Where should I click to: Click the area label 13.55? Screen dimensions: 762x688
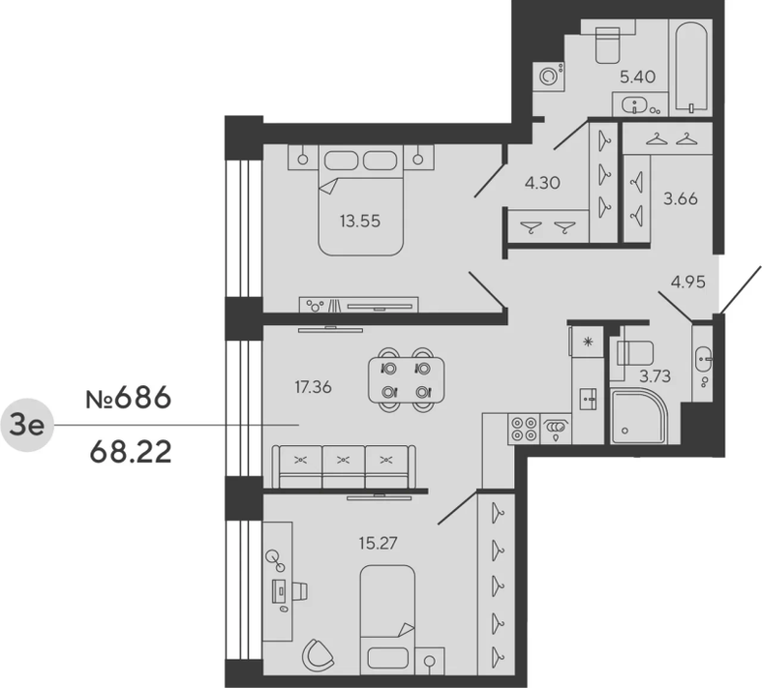coord(360,221)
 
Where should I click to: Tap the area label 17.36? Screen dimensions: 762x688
coord(313,387)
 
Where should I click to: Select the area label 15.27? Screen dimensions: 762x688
coord(379,543)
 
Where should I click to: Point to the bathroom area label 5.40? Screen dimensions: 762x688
coord(637,77)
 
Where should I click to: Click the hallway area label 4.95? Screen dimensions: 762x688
coord(688,282)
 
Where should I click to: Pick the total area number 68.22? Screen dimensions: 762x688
coord(131,452)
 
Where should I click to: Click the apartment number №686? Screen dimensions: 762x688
coord(128,397)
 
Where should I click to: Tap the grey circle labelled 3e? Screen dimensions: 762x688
coord(28,426)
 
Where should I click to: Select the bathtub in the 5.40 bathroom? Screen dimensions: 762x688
coord(690,68)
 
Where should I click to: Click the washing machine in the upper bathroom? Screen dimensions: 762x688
coord(549,77)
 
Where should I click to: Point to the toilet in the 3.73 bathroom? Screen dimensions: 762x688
coord(635,352)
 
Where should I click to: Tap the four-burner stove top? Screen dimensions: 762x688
coord(523,430)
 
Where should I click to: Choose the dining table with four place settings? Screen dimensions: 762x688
coord(406,380)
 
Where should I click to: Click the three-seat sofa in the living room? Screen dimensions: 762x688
coord(343,467)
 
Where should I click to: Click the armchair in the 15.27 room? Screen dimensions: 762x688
coord(318,656)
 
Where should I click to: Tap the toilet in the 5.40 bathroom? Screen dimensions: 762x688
coord(608,44)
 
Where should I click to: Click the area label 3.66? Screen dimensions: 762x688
coord(680,199)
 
